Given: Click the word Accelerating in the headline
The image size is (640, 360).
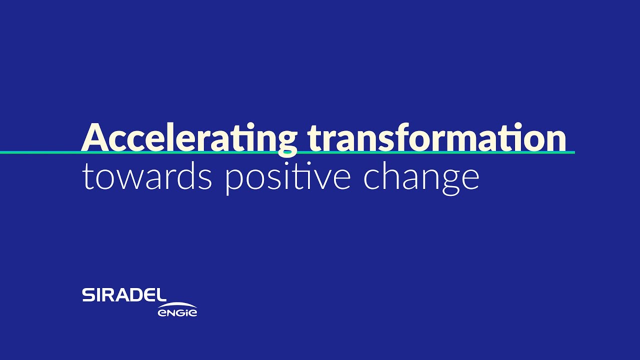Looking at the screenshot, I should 189,137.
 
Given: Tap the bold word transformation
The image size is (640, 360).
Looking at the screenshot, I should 436,137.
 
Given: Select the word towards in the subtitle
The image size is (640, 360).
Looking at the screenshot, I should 147,177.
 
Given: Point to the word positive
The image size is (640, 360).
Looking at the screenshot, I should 288,178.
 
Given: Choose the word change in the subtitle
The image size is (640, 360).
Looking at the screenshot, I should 421,178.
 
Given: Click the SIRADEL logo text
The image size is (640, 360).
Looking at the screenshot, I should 124,295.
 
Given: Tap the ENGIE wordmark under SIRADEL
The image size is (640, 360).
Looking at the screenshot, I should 177,312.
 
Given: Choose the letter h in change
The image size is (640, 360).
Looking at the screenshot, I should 391,176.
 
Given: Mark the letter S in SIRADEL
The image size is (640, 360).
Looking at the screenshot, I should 88,295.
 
